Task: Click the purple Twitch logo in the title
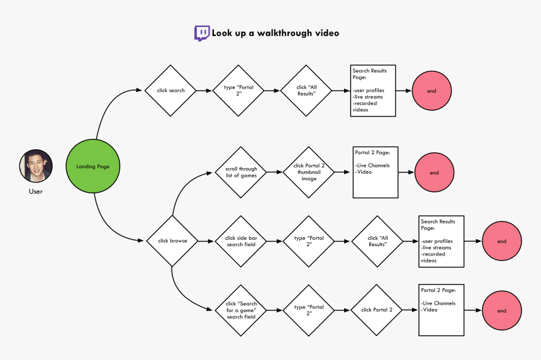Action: click(x=202, y=33)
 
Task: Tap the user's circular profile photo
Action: click(x=36, y=166)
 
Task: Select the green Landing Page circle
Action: click(x=94, y=166)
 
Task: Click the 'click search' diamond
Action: click(x=170, y=91)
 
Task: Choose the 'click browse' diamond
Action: click(x=172, y=241)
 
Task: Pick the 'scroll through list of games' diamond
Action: click(x=240, y=172)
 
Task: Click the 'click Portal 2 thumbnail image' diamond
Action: click(x=308, y=172)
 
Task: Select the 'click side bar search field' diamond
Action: click(x=240, y=241)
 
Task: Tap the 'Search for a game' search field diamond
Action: click(x=240, y=310)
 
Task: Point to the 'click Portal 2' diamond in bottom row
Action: click(x=377, y=310)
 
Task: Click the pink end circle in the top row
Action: click(x=431, y=91)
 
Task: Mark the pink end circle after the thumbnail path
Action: click(x=434, y=172)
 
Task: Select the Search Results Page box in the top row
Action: click(x=373, y=91)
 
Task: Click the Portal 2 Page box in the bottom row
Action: click(x=441, y=310)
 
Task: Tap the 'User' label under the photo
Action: click(x=36, y=191)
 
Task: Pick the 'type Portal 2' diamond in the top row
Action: click(x=238, y=91)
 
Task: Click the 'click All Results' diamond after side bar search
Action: click(x=377, y=241)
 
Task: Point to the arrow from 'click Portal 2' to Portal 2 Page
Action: click(x=411, y=310)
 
